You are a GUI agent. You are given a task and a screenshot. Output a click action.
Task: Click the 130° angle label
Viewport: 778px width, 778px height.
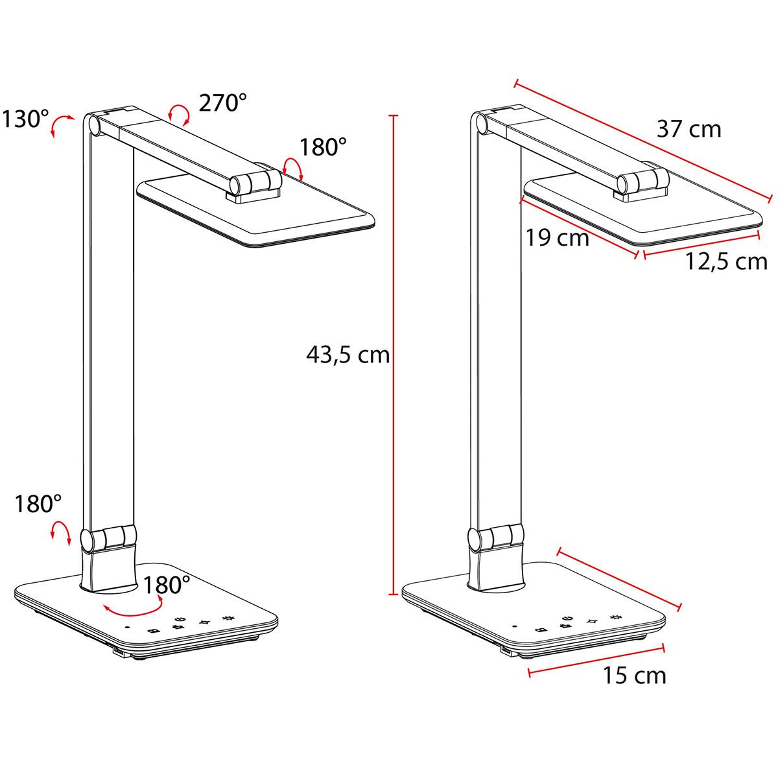[25, 119]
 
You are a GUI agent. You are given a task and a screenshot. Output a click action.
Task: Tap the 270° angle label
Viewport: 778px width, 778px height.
[222, 102]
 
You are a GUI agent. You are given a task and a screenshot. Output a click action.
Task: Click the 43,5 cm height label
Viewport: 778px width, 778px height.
[348, 355]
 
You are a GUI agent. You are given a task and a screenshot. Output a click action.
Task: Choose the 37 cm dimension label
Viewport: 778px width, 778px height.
[689, 129]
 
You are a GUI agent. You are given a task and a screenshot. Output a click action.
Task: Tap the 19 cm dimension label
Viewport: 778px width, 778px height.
[557, 238]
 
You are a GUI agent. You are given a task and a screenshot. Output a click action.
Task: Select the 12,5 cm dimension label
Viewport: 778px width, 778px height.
[726, 261]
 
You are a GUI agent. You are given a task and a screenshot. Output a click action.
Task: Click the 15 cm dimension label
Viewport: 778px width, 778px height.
[634, 676]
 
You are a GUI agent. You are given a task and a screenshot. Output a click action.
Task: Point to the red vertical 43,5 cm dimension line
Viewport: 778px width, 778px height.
[392, 355]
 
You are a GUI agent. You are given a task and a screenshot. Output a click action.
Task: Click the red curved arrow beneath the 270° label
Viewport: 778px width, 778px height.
[178, 113]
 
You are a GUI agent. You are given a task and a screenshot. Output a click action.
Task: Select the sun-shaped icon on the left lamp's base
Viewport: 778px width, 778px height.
[228, 619]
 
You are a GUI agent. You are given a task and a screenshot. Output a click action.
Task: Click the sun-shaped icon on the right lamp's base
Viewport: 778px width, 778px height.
[615, 618]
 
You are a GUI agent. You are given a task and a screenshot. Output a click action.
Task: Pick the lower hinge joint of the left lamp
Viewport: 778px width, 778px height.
[108, 538]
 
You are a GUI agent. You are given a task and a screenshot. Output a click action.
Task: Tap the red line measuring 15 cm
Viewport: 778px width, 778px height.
[596, 660]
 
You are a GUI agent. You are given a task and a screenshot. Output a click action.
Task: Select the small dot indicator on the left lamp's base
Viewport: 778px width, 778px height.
[127, 627]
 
